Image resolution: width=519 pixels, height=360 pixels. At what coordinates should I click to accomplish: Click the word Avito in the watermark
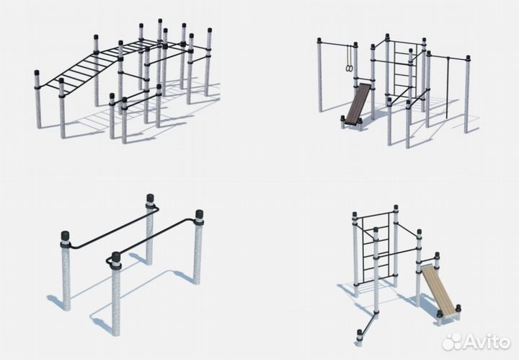[x=487, y=341]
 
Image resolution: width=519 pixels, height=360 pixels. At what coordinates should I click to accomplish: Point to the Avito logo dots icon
[x=452, y=341]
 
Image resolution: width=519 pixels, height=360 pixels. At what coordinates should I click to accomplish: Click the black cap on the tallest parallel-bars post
[x=150, y=198]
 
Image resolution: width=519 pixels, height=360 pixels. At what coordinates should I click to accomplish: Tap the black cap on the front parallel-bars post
[x=116, y=257]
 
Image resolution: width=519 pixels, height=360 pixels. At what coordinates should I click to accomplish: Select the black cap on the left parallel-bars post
[x=65, y=236]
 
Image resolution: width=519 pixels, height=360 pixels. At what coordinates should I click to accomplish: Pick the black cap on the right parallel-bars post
[x=199, y=214]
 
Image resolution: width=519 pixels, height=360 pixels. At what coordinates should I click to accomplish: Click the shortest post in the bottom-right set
[x=360, y=338]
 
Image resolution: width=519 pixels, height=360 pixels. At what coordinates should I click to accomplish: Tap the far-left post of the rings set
[x=320, y=75]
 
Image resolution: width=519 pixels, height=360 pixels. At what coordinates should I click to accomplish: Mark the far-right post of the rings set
[x=467, y=95]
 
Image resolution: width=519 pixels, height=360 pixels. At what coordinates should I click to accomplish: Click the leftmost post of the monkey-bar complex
[x=37, y=100]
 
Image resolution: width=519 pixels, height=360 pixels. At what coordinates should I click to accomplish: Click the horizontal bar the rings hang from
[x=337, y=44]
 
